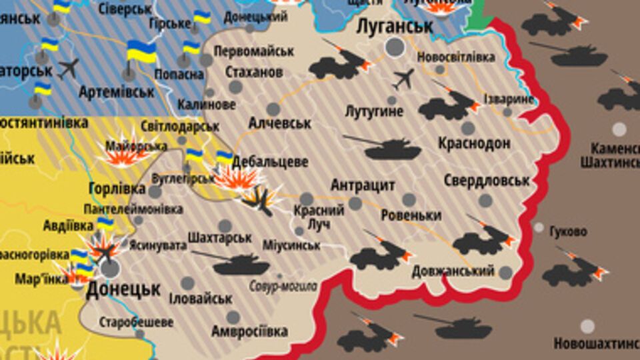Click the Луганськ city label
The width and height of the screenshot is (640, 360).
(395, 26)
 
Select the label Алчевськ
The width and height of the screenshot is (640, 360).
(279, 123)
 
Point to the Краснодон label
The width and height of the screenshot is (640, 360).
(474, 143)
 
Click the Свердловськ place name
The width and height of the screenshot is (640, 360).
(487, 181)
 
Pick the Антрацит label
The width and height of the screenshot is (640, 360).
(363, 185)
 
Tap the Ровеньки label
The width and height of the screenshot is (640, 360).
(411, 216)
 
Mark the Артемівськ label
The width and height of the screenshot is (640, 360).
(117, 91)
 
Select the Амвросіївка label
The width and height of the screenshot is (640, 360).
(249, 331)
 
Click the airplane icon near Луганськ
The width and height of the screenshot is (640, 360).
(403, 79)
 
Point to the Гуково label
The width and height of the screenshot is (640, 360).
(568, 232)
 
